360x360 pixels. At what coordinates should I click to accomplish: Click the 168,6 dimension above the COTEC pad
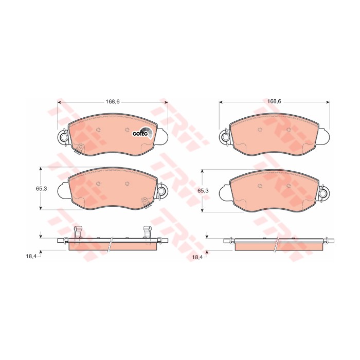(x=113, y=101)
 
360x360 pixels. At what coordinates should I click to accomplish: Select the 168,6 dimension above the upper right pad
(x=274, y=101)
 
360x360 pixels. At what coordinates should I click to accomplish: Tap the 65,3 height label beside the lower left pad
(x=41, y=189)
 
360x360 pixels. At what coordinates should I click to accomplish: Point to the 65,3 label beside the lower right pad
(x=203, y=191)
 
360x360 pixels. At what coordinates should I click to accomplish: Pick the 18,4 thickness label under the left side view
(x=31, y=256)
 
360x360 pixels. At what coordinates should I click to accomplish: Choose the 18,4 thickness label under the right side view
(x=197, y=257)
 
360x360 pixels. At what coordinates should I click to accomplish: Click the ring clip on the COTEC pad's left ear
(x=64, y=137)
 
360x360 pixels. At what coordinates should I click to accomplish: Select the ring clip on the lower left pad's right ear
(x=162, y=191)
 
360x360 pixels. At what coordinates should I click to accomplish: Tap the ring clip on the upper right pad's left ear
(x=225, y=137)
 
